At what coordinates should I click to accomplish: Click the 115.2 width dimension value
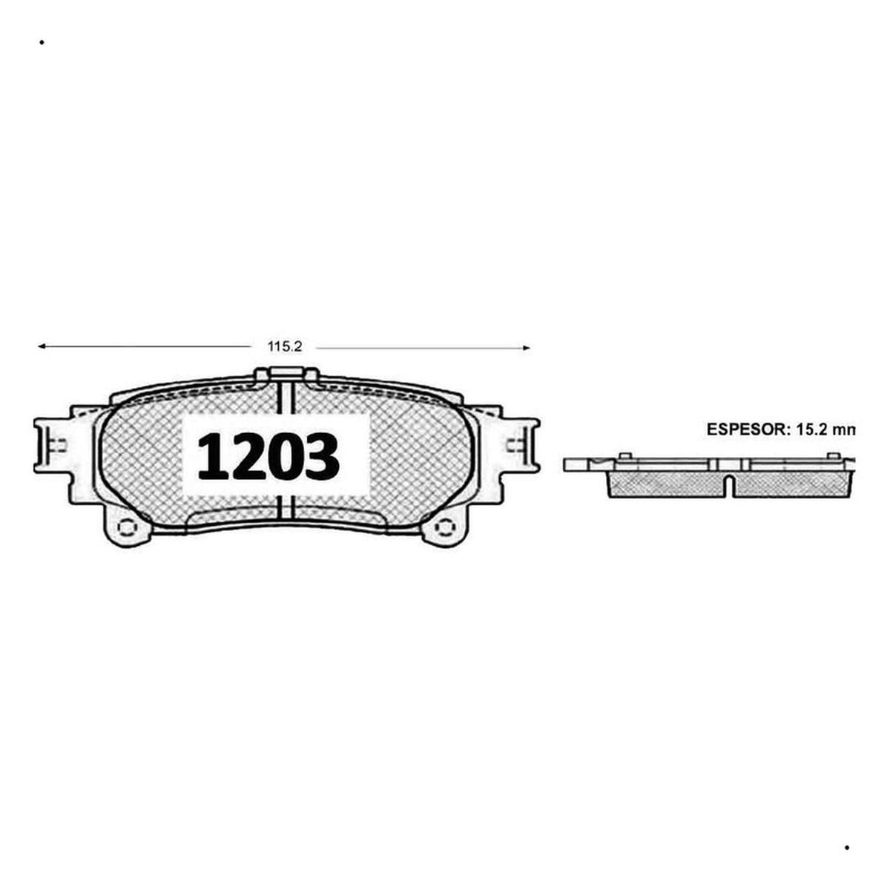pyautogui.click(x=285, y=346)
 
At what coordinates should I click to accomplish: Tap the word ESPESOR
pyautogui.click(x=745, y=429)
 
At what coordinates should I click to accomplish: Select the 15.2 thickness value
pyautogui.click(x=811, y=429)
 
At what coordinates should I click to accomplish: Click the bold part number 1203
pyautogui.click(x=268, y=456)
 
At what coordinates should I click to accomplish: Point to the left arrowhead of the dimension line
pyautogui.click(x=42, y=346)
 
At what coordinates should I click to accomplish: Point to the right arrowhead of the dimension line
pyautogui.click(x=526, y=348)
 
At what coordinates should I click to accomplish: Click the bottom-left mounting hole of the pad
pyautogui.click(x=127, y=527)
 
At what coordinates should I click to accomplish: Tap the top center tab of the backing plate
pyautogui.click(x=286, y=374)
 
